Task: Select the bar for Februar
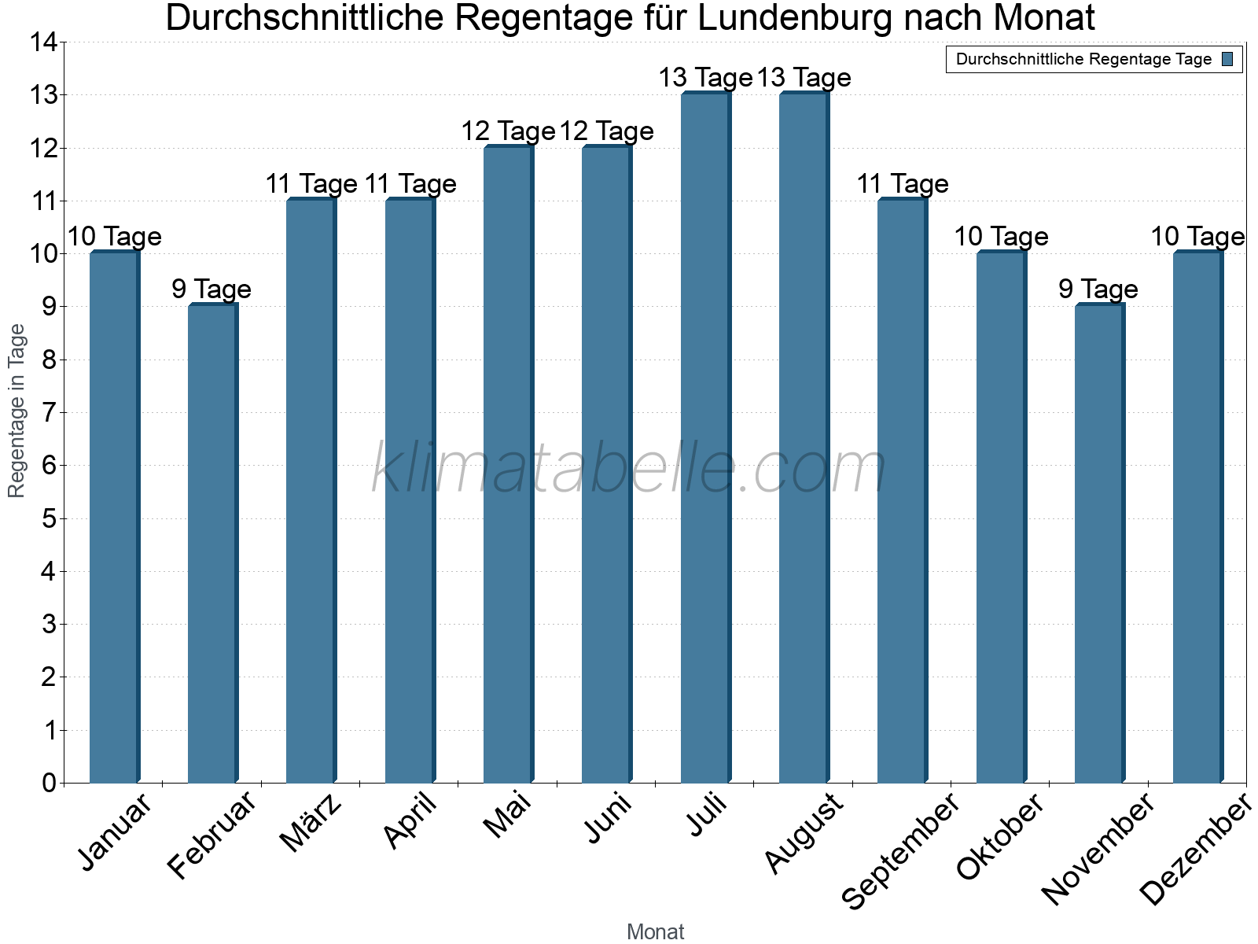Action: [212, 543]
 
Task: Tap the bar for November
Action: [1099, 543]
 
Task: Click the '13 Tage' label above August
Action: [804, 78]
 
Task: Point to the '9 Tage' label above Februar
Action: [212, 289]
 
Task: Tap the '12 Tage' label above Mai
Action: [508, 131]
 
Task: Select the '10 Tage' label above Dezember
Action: [1197, 236]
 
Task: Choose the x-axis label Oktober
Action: [1001, 836]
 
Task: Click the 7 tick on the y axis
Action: [50, 412]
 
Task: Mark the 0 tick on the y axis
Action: [50, 783]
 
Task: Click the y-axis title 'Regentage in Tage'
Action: [17, 411]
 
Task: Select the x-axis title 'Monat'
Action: [655, 931]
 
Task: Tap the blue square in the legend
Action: [1227, 59]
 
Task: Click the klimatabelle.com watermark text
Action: [629, 469]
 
